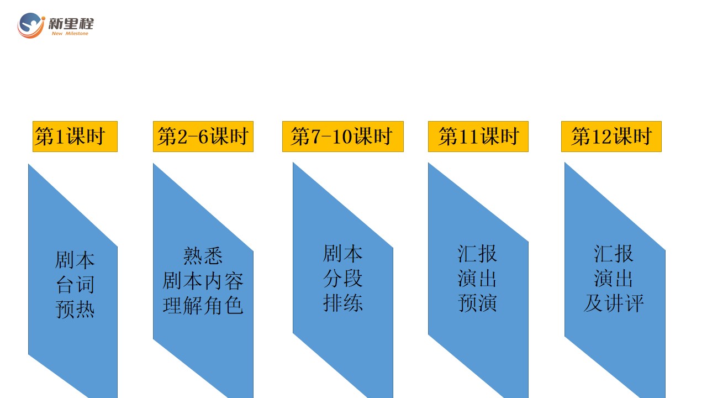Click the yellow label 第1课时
(75, 137)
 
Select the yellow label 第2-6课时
(203, 137)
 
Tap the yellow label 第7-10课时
(343, 137)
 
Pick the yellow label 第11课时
(478, 137)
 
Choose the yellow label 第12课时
(611, 137)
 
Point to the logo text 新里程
(71, 24)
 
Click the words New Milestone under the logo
(70, 34)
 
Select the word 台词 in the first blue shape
(75, 285)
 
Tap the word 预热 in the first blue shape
(75, 309)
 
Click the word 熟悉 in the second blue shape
(203, 256)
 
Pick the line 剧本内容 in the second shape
(203, 281)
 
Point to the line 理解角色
(203, 306)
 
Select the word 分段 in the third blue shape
(343, 278)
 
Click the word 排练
(343, 302)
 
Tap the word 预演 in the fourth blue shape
(478, 302)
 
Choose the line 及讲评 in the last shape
(614, 302)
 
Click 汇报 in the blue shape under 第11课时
(478, 253)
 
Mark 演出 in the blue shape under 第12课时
(614, 278)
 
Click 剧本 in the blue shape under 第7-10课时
(343, 253)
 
